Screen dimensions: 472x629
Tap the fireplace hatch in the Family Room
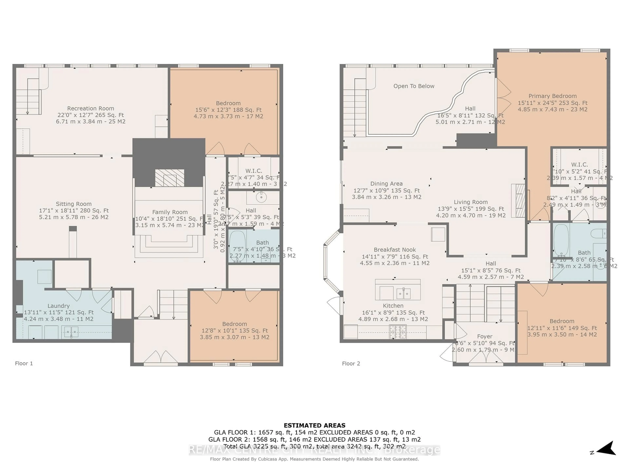[x=170, y=178]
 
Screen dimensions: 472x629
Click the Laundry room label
[x=59, y=306]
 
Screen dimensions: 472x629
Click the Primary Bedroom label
[x=552, y=96]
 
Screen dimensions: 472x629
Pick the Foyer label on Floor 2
[x=485, y=337]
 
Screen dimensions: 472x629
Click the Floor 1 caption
[x=24, y=363]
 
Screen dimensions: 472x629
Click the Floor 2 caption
[x=351, y=364]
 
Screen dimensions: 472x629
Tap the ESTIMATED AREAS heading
[x=314, y=425]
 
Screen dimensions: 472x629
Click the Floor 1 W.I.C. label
[x=254, y=171]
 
